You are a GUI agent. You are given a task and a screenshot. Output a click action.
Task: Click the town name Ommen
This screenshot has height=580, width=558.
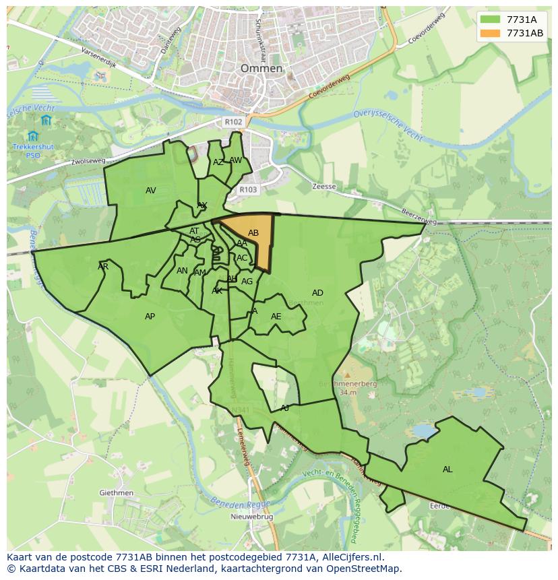(x=261, y=69)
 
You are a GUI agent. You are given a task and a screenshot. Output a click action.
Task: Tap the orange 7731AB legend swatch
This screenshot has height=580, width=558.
(x=491, y=33)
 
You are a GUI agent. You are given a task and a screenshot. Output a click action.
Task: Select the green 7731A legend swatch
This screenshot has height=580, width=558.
(x=491, y=20)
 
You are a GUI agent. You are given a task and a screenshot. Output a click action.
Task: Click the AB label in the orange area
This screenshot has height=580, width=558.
(x=253, y=233)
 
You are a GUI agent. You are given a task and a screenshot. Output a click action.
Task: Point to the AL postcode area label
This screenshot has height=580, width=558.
(x=447, y=470)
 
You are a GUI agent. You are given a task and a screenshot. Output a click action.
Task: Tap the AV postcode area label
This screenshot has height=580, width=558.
(x=151, y=191)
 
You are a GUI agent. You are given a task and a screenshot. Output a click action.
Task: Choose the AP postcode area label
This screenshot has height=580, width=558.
(x=150, y=317)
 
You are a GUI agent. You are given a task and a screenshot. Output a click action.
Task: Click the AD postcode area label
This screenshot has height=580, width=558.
(x=317, y=293)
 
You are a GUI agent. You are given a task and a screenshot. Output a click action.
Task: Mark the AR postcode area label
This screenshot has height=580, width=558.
(x=103, y=267)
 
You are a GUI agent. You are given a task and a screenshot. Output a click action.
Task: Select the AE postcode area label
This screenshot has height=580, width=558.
(x=276, y=317)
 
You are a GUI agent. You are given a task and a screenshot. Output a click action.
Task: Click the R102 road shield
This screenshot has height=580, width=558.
(x=233, y=122)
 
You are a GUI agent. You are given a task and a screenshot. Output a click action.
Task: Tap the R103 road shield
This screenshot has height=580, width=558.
(x=248, y=190)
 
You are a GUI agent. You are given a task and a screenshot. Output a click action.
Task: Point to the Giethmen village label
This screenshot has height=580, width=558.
(x=116, y=493)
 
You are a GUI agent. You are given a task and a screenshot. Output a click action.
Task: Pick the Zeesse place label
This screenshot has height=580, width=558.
(x=324, y=187)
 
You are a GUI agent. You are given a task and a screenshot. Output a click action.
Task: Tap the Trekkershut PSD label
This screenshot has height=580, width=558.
(x=33, y=150)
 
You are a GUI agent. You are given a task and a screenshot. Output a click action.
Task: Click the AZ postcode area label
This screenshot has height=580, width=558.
(x=218, y=162)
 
